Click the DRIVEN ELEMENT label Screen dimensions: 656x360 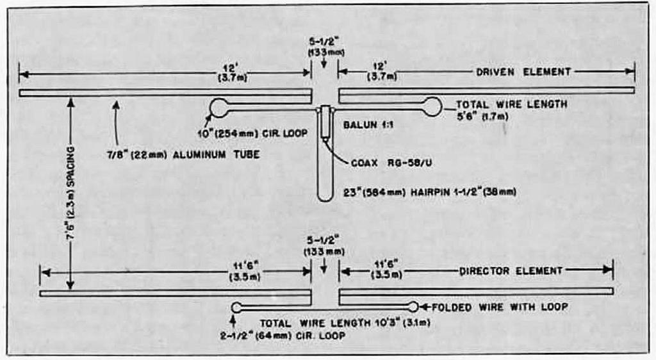pos(523,72)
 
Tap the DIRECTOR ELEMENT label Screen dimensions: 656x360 pos(511,271)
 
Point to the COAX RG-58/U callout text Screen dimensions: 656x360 pos(391,163)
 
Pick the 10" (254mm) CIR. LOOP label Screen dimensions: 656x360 pos(252,134)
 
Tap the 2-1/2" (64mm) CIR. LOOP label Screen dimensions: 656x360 pos(283,336)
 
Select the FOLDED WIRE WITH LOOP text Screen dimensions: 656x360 pos(500,307)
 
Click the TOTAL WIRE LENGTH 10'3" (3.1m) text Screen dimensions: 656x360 pos(345,323)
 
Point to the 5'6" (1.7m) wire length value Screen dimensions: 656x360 pos(482,116)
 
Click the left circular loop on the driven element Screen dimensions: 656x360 pos(219,108)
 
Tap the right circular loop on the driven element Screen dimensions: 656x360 pos(433,107)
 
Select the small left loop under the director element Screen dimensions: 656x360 pos(236,307)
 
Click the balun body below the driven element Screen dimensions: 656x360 pos(325,122)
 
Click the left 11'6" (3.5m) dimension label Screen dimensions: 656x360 pos(245,271)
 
